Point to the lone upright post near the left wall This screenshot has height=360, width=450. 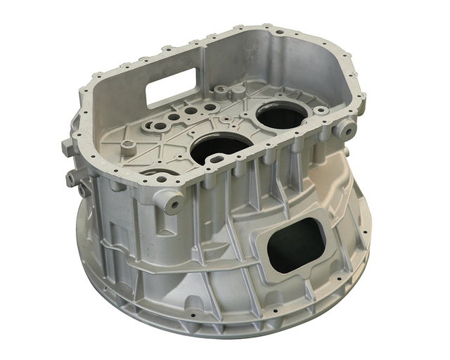click(127, 148)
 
